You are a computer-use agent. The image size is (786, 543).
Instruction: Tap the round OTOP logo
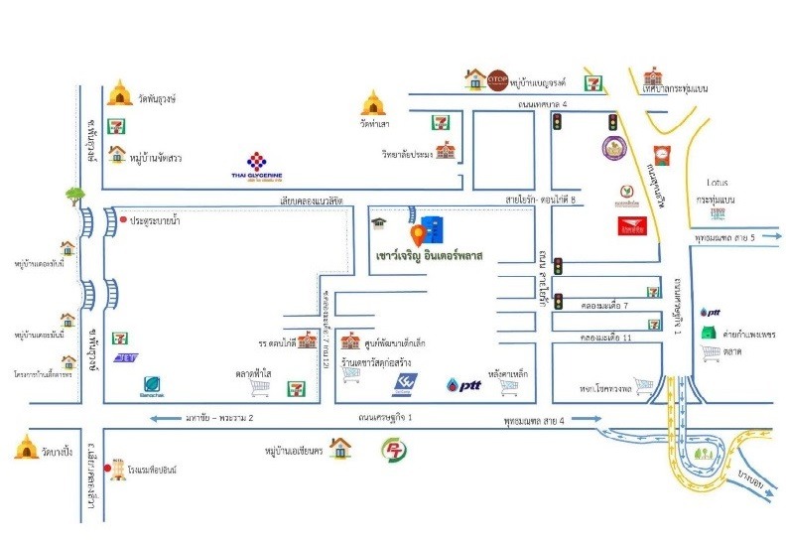point(498,78)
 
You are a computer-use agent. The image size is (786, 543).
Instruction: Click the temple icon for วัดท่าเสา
point(373,103)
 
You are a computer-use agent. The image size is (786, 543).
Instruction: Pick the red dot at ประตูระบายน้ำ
point(123,220)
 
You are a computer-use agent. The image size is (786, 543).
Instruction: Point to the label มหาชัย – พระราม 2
point(216,419)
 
